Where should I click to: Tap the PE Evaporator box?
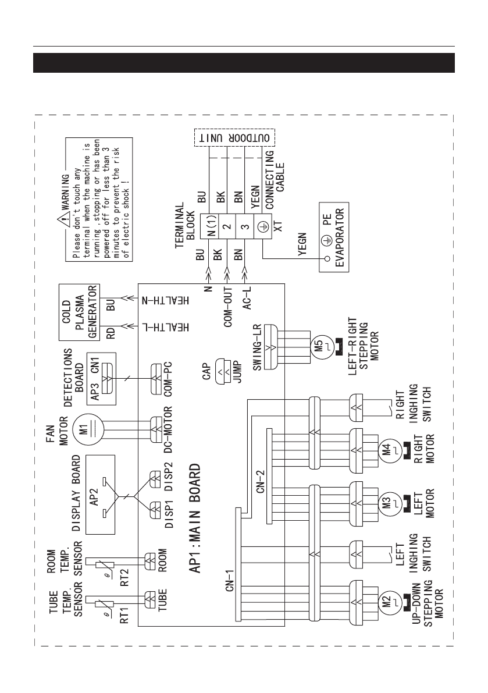pos(334,237)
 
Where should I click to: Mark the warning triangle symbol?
pos(65,218)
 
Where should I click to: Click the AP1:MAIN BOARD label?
pos(195,518)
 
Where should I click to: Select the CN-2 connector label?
pos(261,481)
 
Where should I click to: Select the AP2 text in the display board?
pos(94,495)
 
